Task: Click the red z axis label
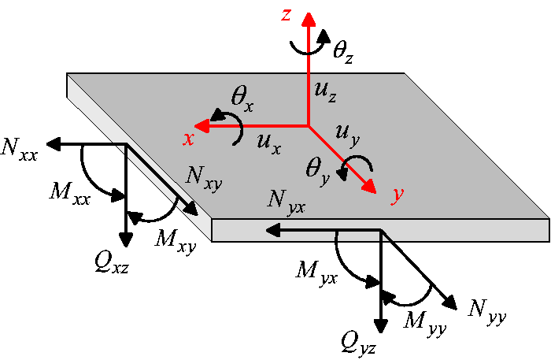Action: pos(287,16)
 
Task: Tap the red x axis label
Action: pos(189,139)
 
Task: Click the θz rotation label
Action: pos(343,52)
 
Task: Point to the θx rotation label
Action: pos(242,99)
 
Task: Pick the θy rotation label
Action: pos(318,171)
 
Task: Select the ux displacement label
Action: pos(269,143)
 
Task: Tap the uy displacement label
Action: pos(348,135)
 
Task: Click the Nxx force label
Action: pos(19,150)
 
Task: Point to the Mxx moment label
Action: pos(70,194)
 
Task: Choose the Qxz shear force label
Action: pos(112,263)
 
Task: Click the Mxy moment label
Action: pos(176,241)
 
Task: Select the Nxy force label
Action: pos(204,178)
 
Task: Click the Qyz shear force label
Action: pos(358,344)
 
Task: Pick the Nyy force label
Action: pos(487,312)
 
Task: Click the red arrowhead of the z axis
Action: pos(309,20)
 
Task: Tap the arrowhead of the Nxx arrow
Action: pos(54,144)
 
